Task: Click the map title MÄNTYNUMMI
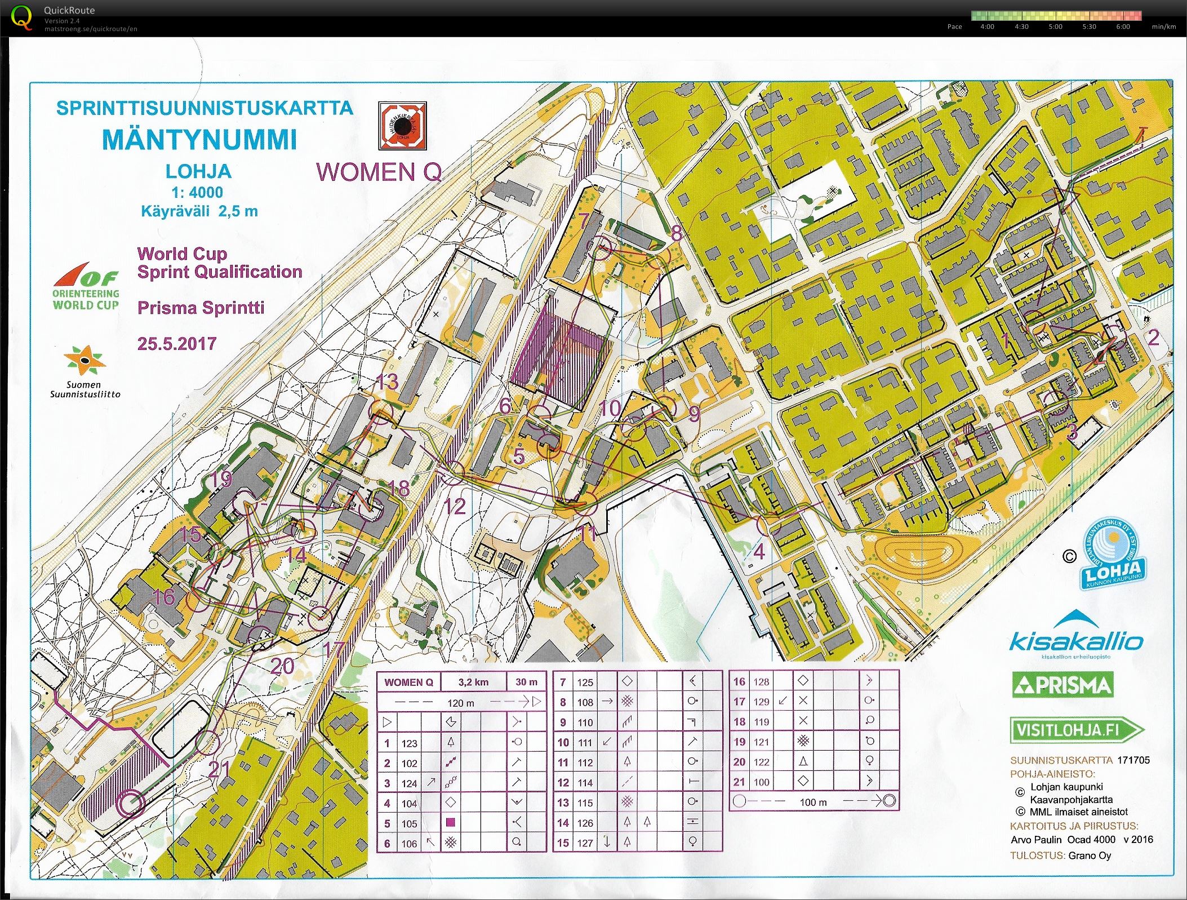coord(199,140)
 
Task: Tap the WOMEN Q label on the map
coord(379,172)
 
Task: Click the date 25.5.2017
coord(177,343)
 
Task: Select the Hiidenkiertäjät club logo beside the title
coord(402,125)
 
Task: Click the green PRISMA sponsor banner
coord(1062,685)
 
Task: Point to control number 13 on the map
coord(387,382)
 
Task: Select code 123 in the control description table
coord(409,743)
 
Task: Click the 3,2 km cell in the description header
coord(473,682)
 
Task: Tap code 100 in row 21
coord(761,782)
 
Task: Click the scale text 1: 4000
coord(197,192)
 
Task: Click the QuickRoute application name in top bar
coord(69,10)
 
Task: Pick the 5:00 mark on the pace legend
coord(1055,26)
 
